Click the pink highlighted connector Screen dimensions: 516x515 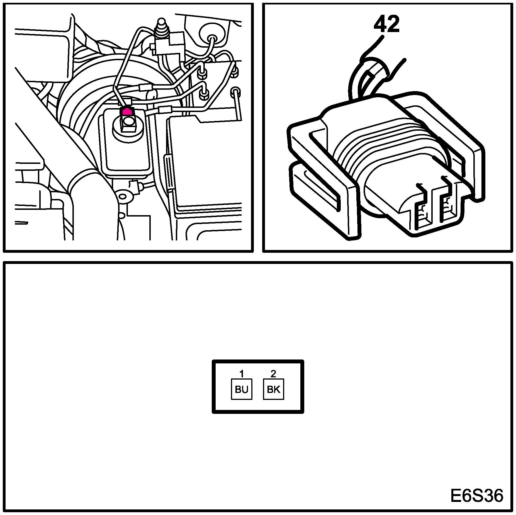point(126,111)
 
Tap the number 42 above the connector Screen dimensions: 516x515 point(386,24)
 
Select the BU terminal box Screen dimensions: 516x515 point(241,389)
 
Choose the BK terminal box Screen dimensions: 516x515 point(273,389)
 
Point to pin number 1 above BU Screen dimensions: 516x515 point(242,374)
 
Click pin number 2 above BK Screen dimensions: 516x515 point(273,374)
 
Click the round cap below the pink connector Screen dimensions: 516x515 point(128,122)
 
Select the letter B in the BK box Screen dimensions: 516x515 point(270,390)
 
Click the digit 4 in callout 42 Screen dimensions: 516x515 point(380,24)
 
